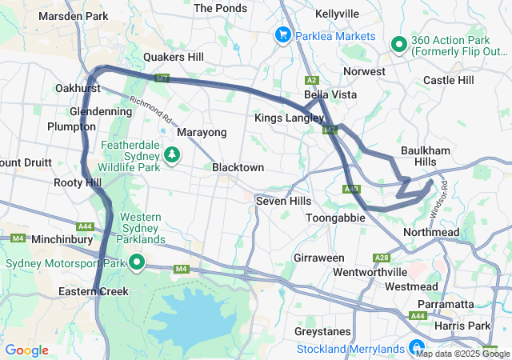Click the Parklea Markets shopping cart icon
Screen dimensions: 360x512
tap(282, 35)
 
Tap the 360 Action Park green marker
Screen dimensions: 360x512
tap(399, 46)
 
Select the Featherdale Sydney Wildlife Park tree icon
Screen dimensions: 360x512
tap(171, 154)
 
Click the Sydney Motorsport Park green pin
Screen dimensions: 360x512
tap(137, 262)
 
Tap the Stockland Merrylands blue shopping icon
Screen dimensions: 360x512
tap(416, 348)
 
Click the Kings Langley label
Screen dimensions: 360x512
tap(290, 118)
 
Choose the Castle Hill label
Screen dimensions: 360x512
tap(448, 80)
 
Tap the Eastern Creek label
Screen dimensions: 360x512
tap(93, 292)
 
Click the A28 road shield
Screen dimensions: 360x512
tap(382, 258)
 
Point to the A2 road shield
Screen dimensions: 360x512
tap(312, 80)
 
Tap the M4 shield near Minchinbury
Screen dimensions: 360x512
tap(17, 238)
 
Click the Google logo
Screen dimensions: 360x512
tap(26, 350)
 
